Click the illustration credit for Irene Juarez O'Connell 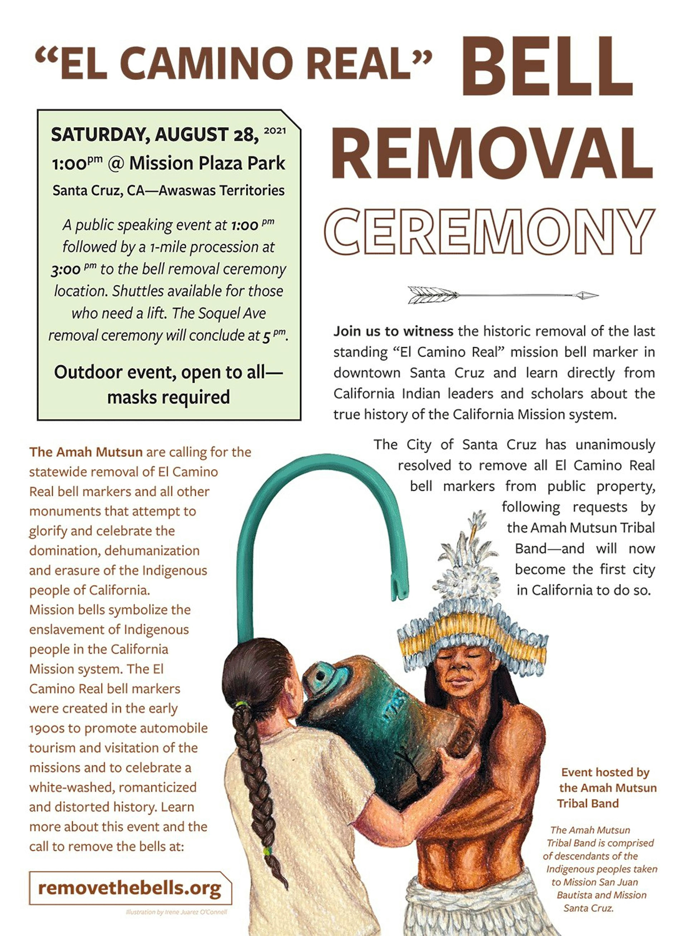tap(176, 912)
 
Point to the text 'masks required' tap(168, 397)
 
